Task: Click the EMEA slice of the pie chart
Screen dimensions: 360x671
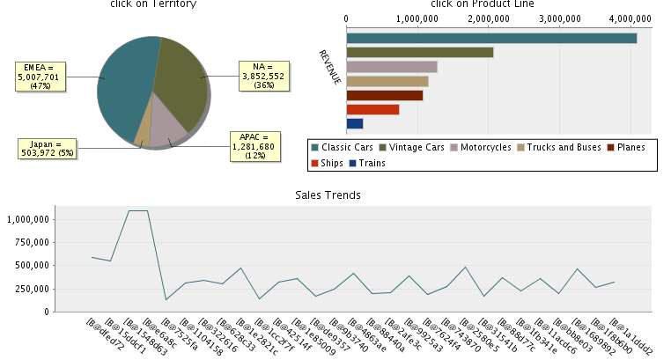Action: tap(123, 88)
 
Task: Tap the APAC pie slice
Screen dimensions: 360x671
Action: tap(166, 129)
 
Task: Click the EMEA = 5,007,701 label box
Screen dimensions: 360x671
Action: tap(39, 77)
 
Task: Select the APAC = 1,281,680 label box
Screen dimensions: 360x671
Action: tap(253, 146)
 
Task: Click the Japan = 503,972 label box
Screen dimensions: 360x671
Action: tap(41, 148)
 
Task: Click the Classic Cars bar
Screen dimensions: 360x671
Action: tap(491, 38)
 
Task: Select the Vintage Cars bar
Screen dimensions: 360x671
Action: tap(420, 52)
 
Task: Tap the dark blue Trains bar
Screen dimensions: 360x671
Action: tap(355, 123)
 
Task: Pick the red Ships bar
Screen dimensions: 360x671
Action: tap(372, 109)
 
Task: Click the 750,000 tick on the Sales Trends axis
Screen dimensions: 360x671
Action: tap(31, 242)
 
